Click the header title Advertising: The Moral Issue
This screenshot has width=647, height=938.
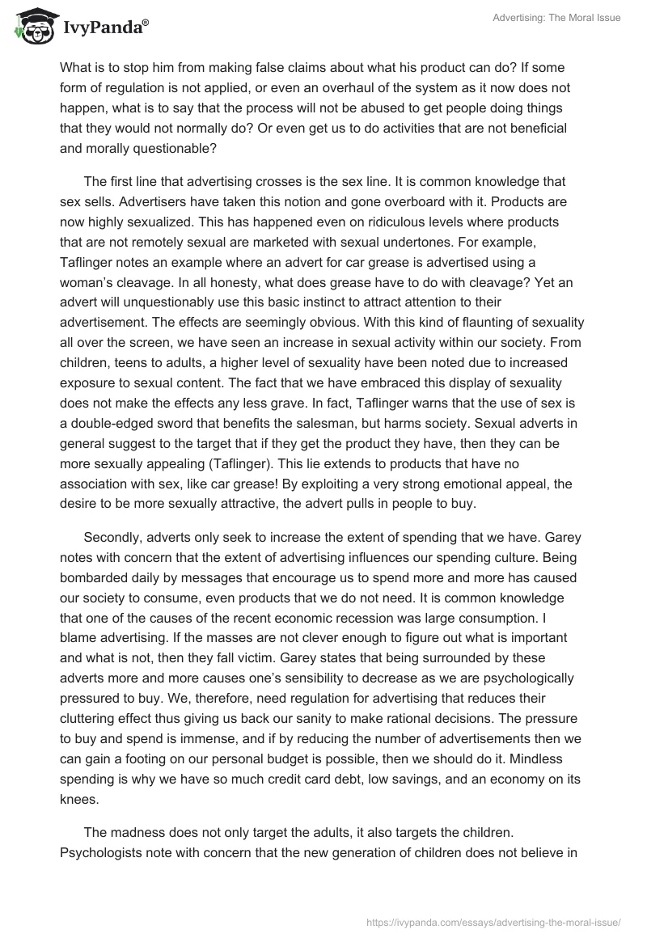pyautogui.click(x=556, y=18)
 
